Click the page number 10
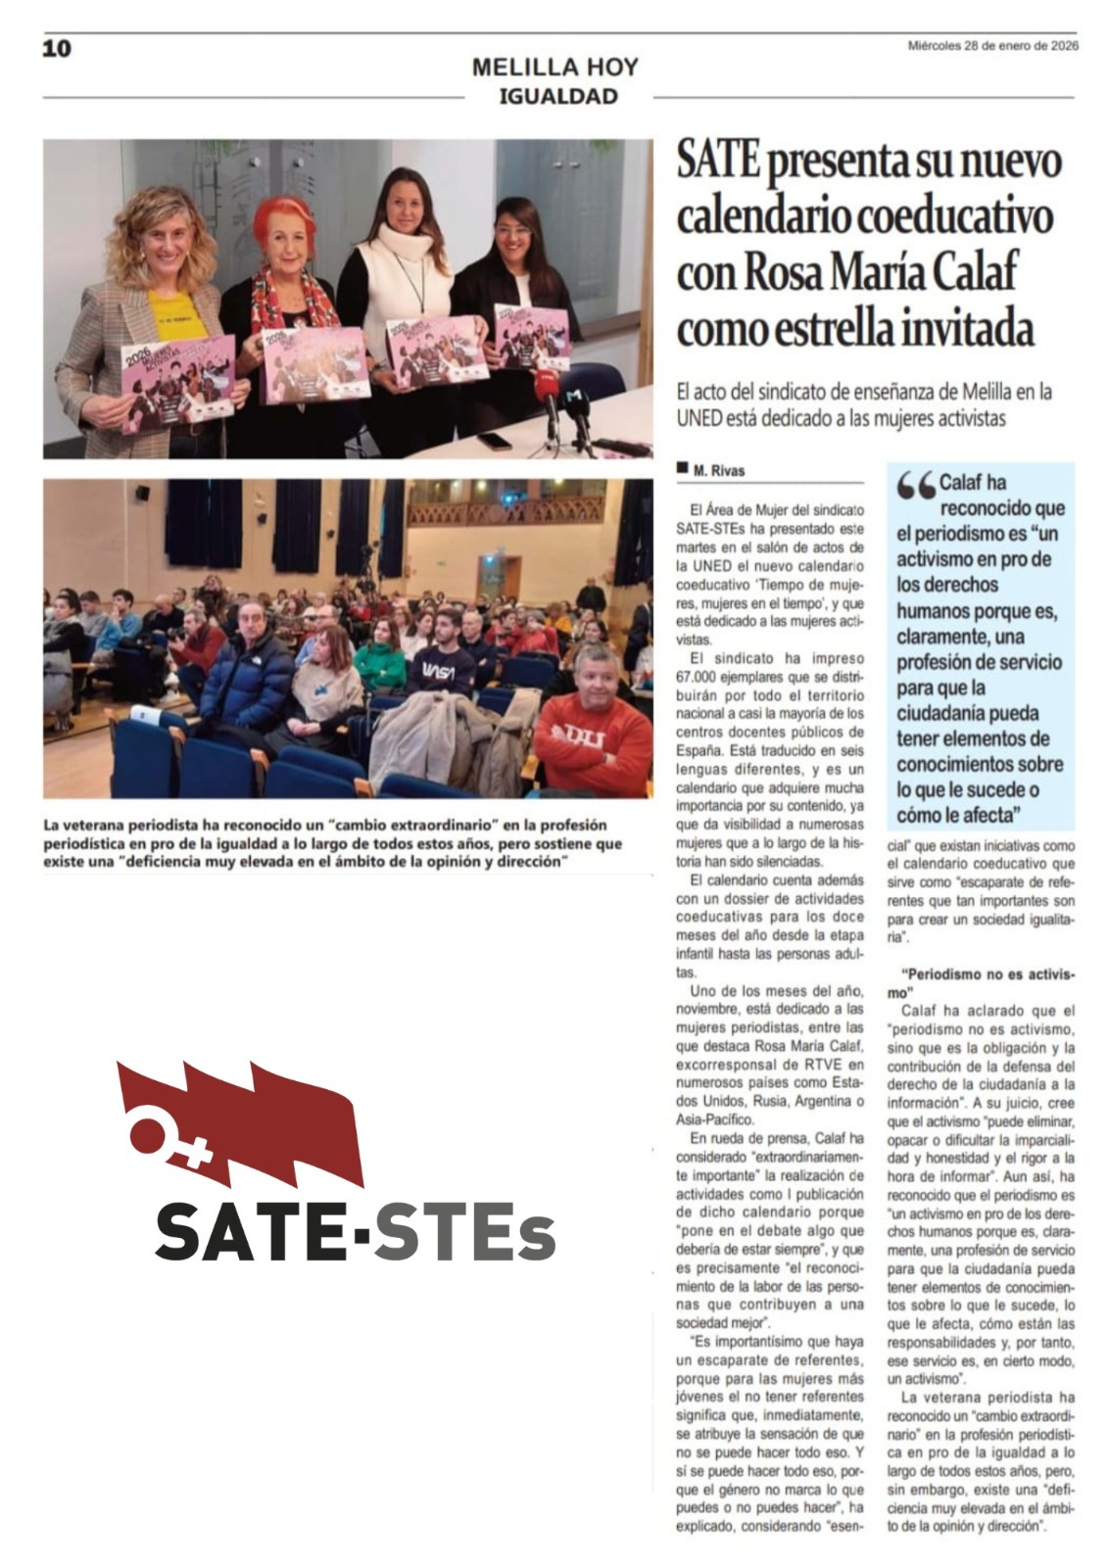[57, 48]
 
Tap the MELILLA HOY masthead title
[554, 68]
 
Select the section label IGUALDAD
[558, 96]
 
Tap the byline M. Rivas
[719, 471]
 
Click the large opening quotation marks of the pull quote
[916, 486]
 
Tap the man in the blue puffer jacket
[247, 676]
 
